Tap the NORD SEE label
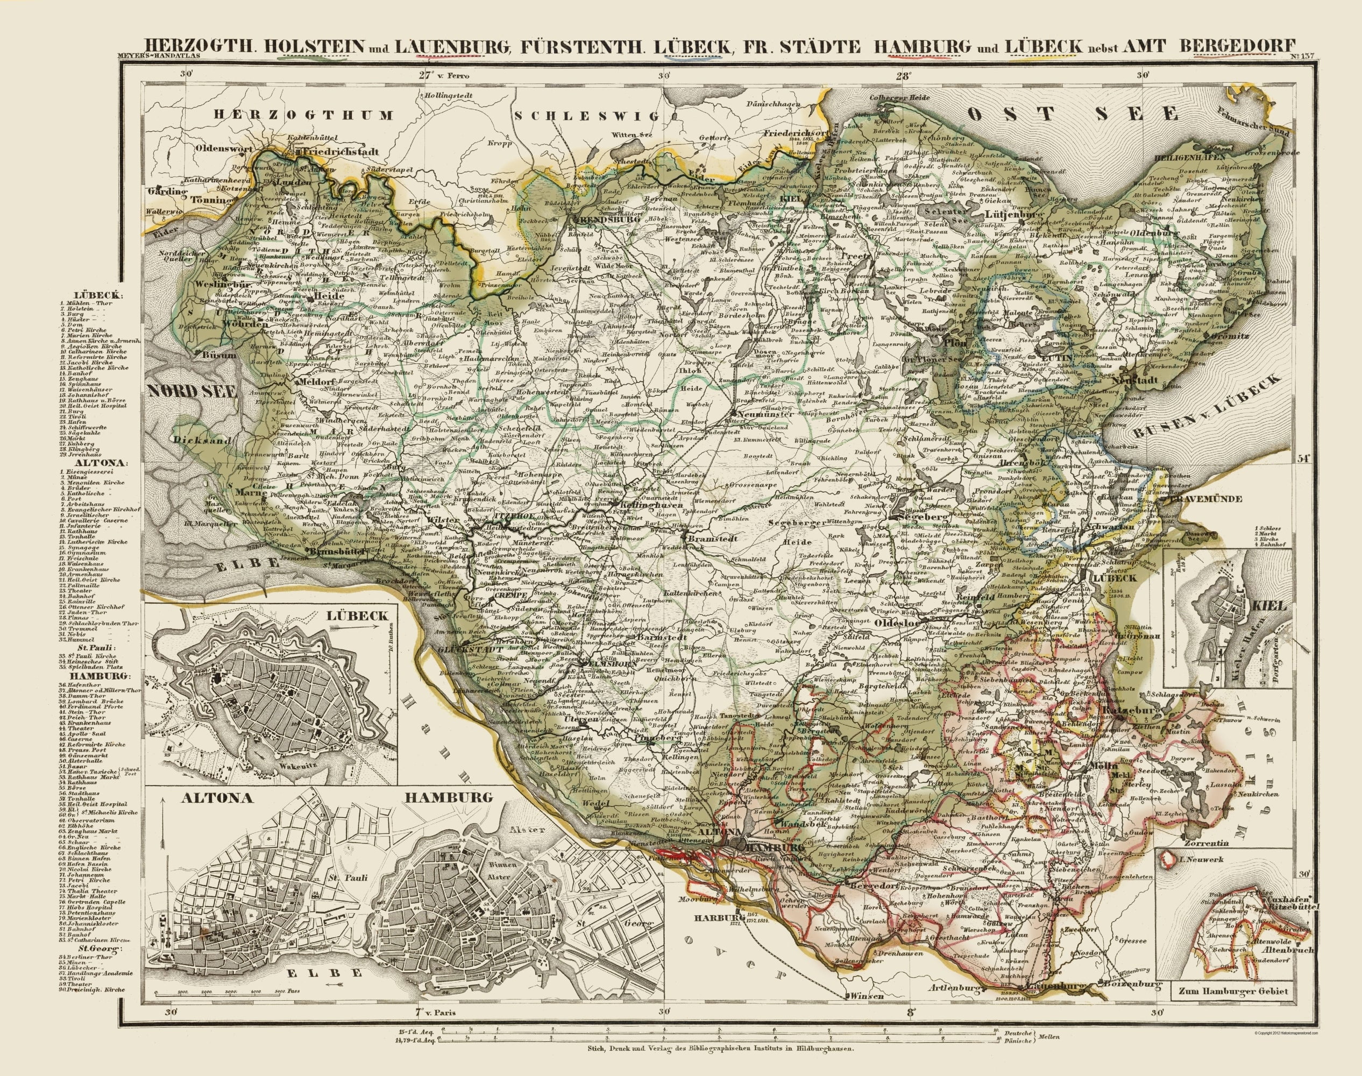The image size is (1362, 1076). [x=193, y=392]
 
